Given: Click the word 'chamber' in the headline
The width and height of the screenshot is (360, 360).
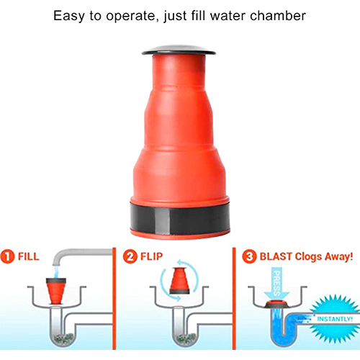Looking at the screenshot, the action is [x=278, y=16].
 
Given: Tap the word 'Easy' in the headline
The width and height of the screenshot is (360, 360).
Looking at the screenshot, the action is [x=69, y=17].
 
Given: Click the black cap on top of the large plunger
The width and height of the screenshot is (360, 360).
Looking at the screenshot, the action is [x=179, y=50].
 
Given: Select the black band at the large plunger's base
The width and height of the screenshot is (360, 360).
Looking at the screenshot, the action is [x=180, y=217].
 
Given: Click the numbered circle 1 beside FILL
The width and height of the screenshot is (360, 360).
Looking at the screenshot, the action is [x=7, y=256].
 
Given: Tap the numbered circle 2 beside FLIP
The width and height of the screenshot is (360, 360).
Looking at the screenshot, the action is [x=130, y=256].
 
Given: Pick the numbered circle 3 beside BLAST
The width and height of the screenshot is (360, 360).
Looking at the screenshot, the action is [x=249, y=256].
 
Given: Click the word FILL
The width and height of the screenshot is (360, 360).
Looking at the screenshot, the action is [x=29, y=256].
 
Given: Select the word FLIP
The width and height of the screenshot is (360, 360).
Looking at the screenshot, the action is [x=151, y=256].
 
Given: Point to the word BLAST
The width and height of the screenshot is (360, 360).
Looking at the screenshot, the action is [x=276, y=256].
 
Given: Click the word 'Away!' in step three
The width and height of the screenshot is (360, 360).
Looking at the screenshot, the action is [x=338, y=256].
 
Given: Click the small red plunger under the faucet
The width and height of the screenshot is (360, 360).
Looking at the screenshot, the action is [x=56, y=291].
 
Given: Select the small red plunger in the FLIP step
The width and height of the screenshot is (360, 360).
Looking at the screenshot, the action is [x=180, y=280].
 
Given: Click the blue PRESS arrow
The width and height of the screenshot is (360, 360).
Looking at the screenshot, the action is [x=277, y=283].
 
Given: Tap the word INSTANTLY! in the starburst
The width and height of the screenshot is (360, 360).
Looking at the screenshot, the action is [x=335, y=319].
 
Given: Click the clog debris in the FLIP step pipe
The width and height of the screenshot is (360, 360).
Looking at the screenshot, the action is [x=186, y=338].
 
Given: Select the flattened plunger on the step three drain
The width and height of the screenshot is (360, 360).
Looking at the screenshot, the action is [x=277, y=304].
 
